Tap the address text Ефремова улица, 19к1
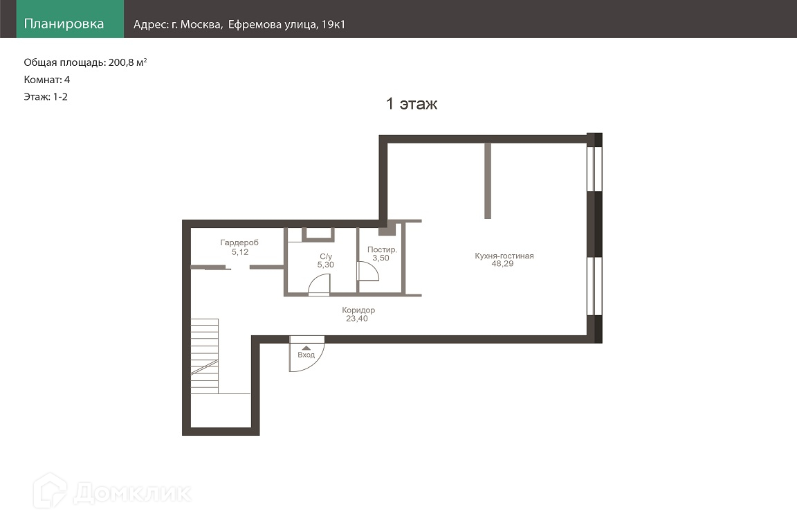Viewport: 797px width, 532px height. coord(286,24)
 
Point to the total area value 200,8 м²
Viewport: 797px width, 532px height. coord(127,62)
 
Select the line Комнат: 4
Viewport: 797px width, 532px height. coord(47,80)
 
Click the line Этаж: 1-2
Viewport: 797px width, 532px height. coord(46,97)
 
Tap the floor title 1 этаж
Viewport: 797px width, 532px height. coord(412,104)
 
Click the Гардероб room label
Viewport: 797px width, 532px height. coord(239,242)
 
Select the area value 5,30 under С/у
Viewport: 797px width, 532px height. coord(326,265)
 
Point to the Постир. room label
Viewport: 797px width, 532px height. coord(382,249)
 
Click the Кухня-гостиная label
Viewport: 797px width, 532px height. coord(504,256)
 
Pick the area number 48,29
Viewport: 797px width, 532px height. coord(502,264)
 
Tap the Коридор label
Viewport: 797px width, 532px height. coord(358,310)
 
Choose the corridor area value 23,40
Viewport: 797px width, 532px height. coord(357,319)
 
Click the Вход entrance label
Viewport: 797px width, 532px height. coord(306,355)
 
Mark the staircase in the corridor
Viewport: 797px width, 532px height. coord(204,356)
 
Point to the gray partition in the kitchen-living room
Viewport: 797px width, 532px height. coord(488,181)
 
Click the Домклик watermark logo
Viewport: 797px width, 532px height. coord(112,491)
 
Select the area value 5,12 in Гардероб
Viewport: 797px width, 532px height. coord(240,252)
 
